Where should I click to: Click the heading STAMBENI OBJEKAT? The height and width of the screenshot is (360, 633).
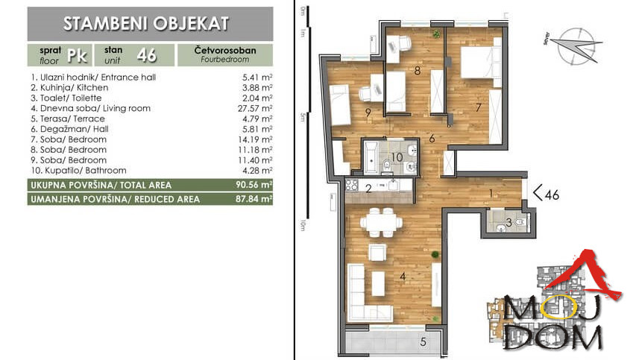click(150, 23)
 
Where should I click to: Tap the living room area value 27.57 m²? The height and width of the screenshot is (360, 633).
click(255, 108)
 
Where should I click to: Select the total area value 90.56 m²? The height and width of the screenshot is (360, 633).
click(255, 184)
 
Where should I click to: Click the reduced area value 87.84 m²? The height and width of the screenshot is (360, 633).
click(255, 199)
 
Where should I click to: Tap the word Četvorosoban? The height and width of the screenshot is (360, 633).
click(224, 50)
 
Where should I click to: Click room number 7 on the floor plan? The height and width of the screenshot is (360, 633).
click(478, 106)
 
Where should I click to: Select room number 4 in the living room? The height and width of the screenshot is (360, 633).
click(402, 277)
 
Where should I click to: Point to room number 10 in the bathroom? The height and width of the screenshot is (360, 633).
click(397, 157)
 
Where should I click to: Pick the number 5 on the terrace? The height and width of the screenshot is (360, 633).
click(423, 343)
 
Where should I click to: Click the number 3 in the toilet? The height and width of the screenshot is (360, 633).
click(508, 221)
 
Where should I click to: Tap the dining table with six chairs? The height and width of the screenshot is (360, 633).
click(380, 222)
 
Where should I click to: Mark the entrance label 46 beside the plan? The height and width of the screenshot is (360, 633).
click(549, 196)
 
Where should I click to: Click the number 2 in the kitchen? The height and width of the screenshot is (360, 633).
click(368, 189)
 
